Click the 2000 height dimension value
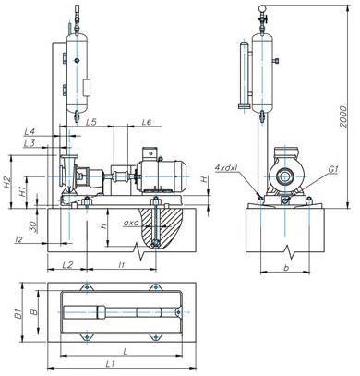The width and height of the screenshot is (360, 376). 343,117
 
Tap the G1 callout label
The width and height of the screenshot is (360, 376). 333,169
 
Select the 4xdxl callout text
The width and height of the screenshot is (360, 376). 228,168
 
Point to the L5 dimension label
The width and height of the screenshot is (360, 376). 91,122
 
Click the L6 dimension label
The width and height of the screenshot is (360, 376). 147,122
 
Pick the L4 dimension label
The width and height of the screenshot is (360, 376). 30,132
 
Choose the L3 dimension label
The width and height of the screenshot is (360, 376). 30,143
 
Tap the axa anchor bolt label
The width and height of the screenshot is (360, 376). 131,223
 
